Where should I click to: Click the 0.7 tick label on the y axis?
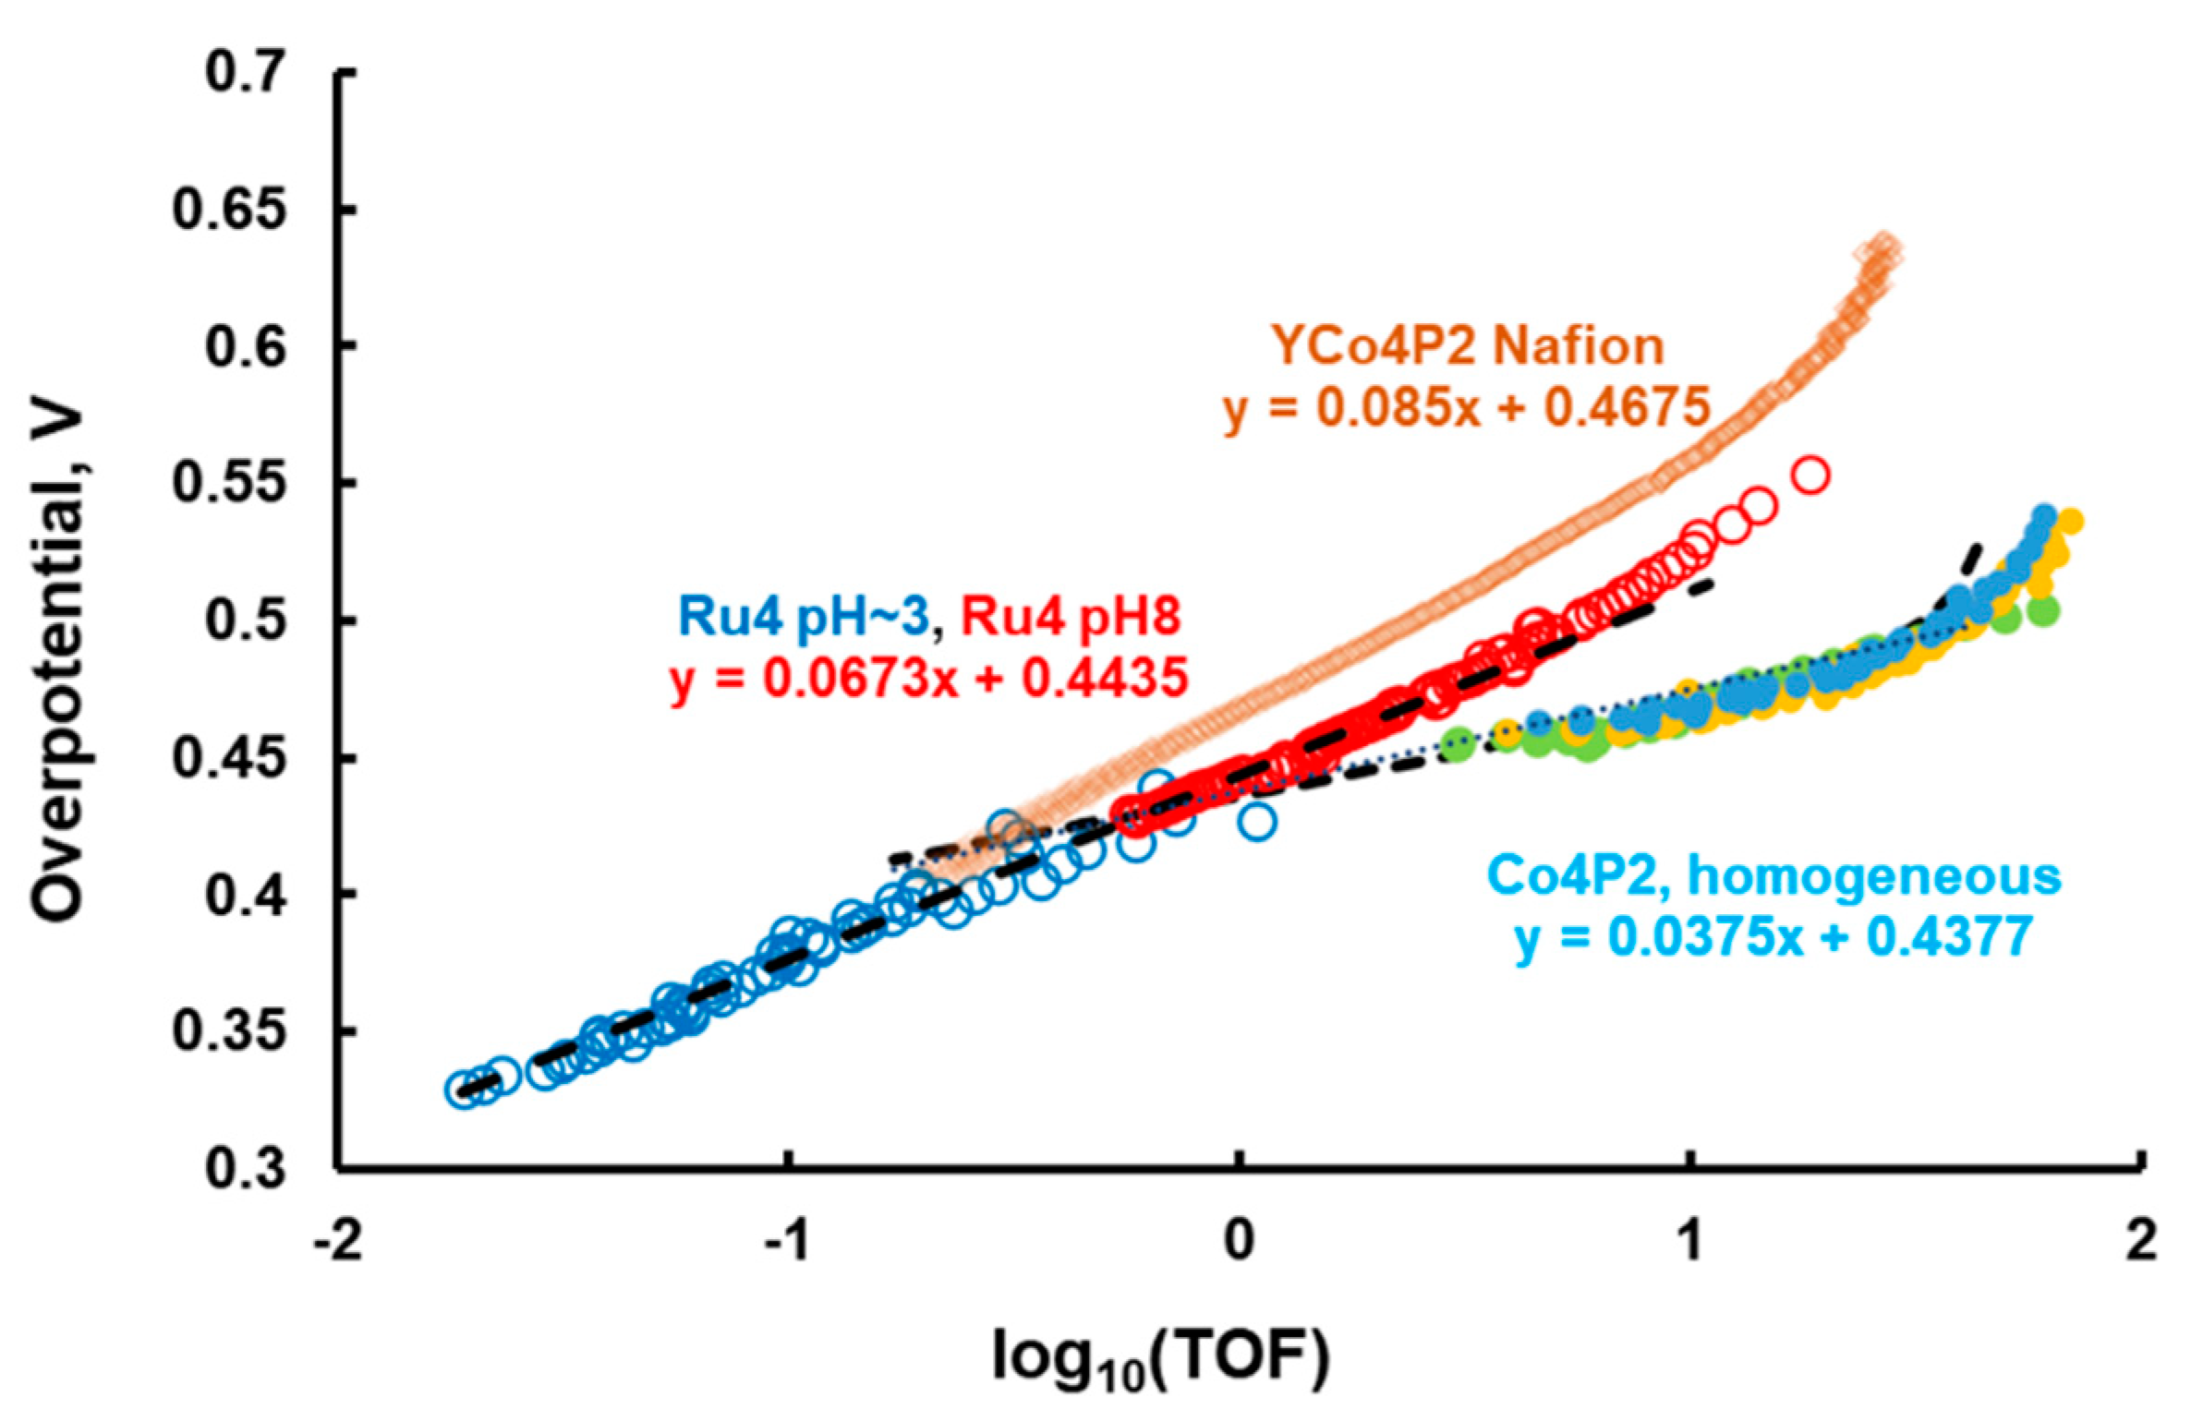[242, 73]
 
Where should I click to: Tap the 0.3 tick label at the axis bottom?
[242, 1169]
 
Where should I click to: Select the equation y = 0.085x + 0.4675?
[1467, 407]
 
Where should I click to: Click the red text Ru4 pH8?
[1070, 616]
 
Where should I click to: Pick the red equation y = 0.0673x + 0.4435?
[928, 680]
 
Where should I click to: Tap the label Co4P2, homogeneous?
[1774, 875]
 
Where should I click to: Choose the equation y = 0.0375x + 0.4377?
[1774, 936]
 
